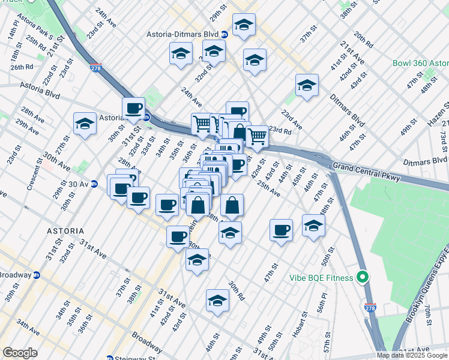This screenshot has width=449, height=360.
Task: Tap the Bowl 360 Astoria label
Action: [420, 63]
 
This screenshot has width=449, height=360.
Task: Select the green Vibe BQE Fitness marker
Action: [362, 277]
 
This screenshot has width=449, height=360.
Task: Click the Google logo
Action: [20, 353]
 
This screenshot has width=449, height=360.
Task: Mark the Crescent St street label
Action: [32, 174]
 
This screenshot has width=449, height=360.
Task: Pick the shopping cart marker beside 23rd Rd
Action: [258, 136]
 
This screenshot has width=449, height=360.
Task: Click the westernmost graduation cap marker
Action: [85, 124]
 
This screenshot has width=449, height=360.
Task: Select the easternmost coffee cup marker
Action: [280, 230]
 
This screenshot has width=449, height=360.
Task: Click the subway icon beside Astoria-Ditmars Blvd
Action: [224, 34]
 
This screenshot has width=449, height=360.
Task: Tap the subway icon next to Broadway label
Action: [36, 275]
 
